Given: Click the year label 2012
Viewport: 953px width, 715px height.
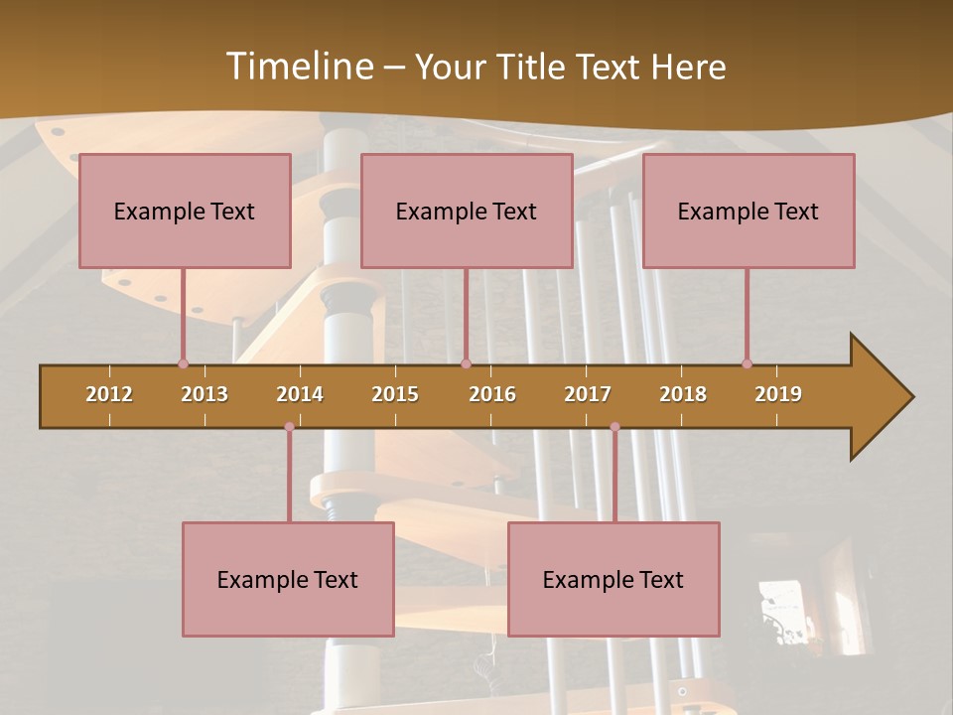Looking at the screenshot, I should [109, 394].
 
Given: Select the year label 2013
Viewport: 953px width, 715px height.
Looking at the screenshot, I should [204, 394].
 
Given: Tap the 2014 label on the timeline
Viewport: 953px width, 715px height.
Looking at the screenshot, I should [300, 394].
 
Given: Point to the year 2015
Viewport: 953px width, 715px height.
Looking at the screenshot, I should [395, 394].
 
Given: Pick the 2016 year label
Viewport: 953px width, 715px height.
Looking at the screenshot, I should [492, 394].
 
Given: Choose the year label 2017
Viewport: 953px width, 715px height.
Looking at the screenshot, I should [588, 394].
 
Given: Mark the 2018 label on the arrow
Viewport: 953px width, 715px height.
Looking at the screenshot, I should [683, 394].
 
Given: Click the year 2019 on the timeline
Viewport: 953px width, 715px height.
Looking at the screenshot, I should [778, 394].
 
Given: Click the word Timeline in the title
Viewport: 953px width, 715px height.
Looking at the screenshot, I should [298, 67].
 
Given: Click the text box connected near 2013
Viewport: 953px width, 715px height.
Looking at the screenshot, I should [185, 211].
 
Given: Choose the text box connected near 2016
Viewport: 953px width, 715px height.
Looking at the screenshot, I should [467, 211].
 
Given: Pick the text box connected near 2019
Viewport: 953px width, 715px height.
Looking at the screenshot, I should [749, 211].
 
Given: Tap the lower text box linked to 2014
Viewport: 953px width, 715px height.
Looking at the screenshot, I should [288, 579].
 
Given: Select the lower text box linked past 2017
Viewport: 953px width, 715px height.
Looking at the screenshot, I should [613, 579].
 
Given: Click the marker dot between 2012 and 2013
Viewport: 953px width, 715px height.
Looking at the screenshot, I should [183, 363].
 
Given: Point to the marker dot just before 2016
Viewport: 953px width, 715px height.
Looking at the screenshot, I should [466, 363].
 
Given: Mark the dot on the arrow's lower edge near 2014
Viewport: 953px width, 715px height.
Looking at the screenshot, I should [289, 427].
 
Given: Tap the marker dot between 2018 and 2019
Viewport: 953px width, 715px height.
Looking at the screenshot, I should [747, 363].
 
